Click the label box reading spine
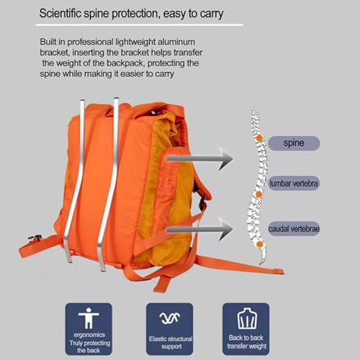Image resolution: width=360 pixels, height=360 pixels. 292,143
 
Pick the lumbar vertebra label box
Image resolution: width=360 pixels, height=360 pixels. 294,184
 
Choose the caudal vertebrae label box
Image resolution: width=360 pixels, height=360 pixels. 294,228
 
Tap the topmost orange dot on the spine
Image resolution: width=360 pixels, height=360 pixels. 259,136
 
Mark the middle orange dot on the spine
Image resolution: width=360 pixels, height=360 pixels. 258,194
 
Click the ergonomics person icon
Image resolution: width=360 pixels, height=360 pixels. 89,318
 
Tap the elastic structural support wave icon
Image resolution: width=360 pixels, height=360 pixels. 170,318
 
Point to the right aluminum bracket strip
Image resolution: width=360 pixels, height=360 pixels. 109,180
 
